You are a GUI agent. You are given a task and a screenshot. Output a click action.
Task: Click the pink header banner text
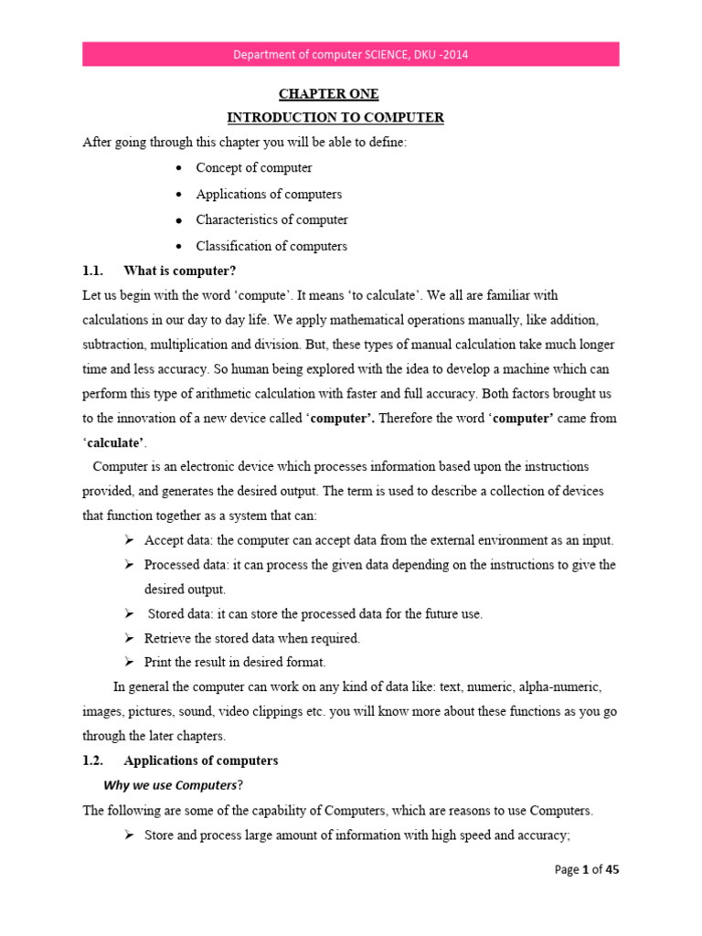coord(351,54)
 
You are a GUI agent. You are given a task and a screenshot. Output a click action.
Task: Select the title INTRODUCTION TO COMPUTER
coord(335,118)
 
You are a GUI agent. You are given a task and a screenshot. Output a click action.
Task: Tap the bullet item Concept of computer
coord(253,168)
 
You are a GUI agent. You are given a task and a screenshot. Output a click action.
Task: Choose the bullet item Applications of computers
coord(269,194)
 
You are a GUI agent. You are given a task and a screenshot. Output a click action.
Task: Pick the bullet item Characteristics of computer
coord(271,220)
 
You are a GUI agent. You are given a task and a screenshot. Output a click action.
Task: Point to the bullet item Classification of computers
coord(271,246)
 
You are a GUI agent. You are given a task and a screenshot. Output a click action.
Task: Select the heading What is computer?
coord(174,271)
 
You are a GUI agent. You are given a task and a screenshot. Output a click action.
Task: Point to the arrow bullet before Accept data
coord(130,540)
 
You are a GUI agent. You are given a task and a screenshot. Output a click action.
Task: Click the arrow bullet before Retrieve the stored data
coord(130,638)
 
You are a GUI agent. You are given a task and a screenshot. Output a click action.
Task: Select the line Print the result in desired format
coord(235,662)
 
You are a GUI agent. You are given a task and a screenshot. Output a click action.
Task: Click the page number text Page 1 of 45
coord(587,870)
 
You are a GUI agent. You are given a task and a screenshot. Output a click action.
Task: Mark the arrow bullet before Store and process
coord(130,835)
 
